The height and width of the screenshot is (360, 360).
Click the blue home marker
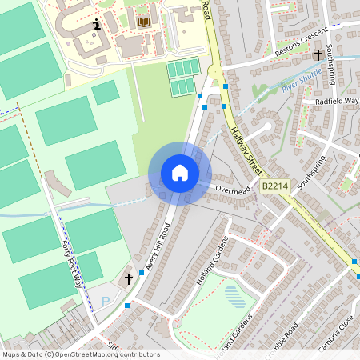180,173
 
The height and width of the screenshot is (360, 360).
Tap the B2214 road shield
274,186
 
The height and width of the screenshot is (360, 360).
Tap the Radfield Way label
337,102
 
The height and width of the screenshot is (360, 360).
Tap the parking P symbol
106,302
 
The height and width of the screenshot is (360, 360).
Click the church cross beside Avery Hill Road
129,279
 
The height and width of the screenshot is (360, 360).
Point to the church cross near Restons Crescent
318,54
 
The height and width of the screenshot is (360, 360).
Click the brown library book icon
144,22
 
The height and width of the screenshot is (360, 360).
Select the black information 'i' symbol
98,25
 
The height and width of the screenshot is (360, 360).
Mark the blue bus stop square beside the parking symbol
126,305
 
